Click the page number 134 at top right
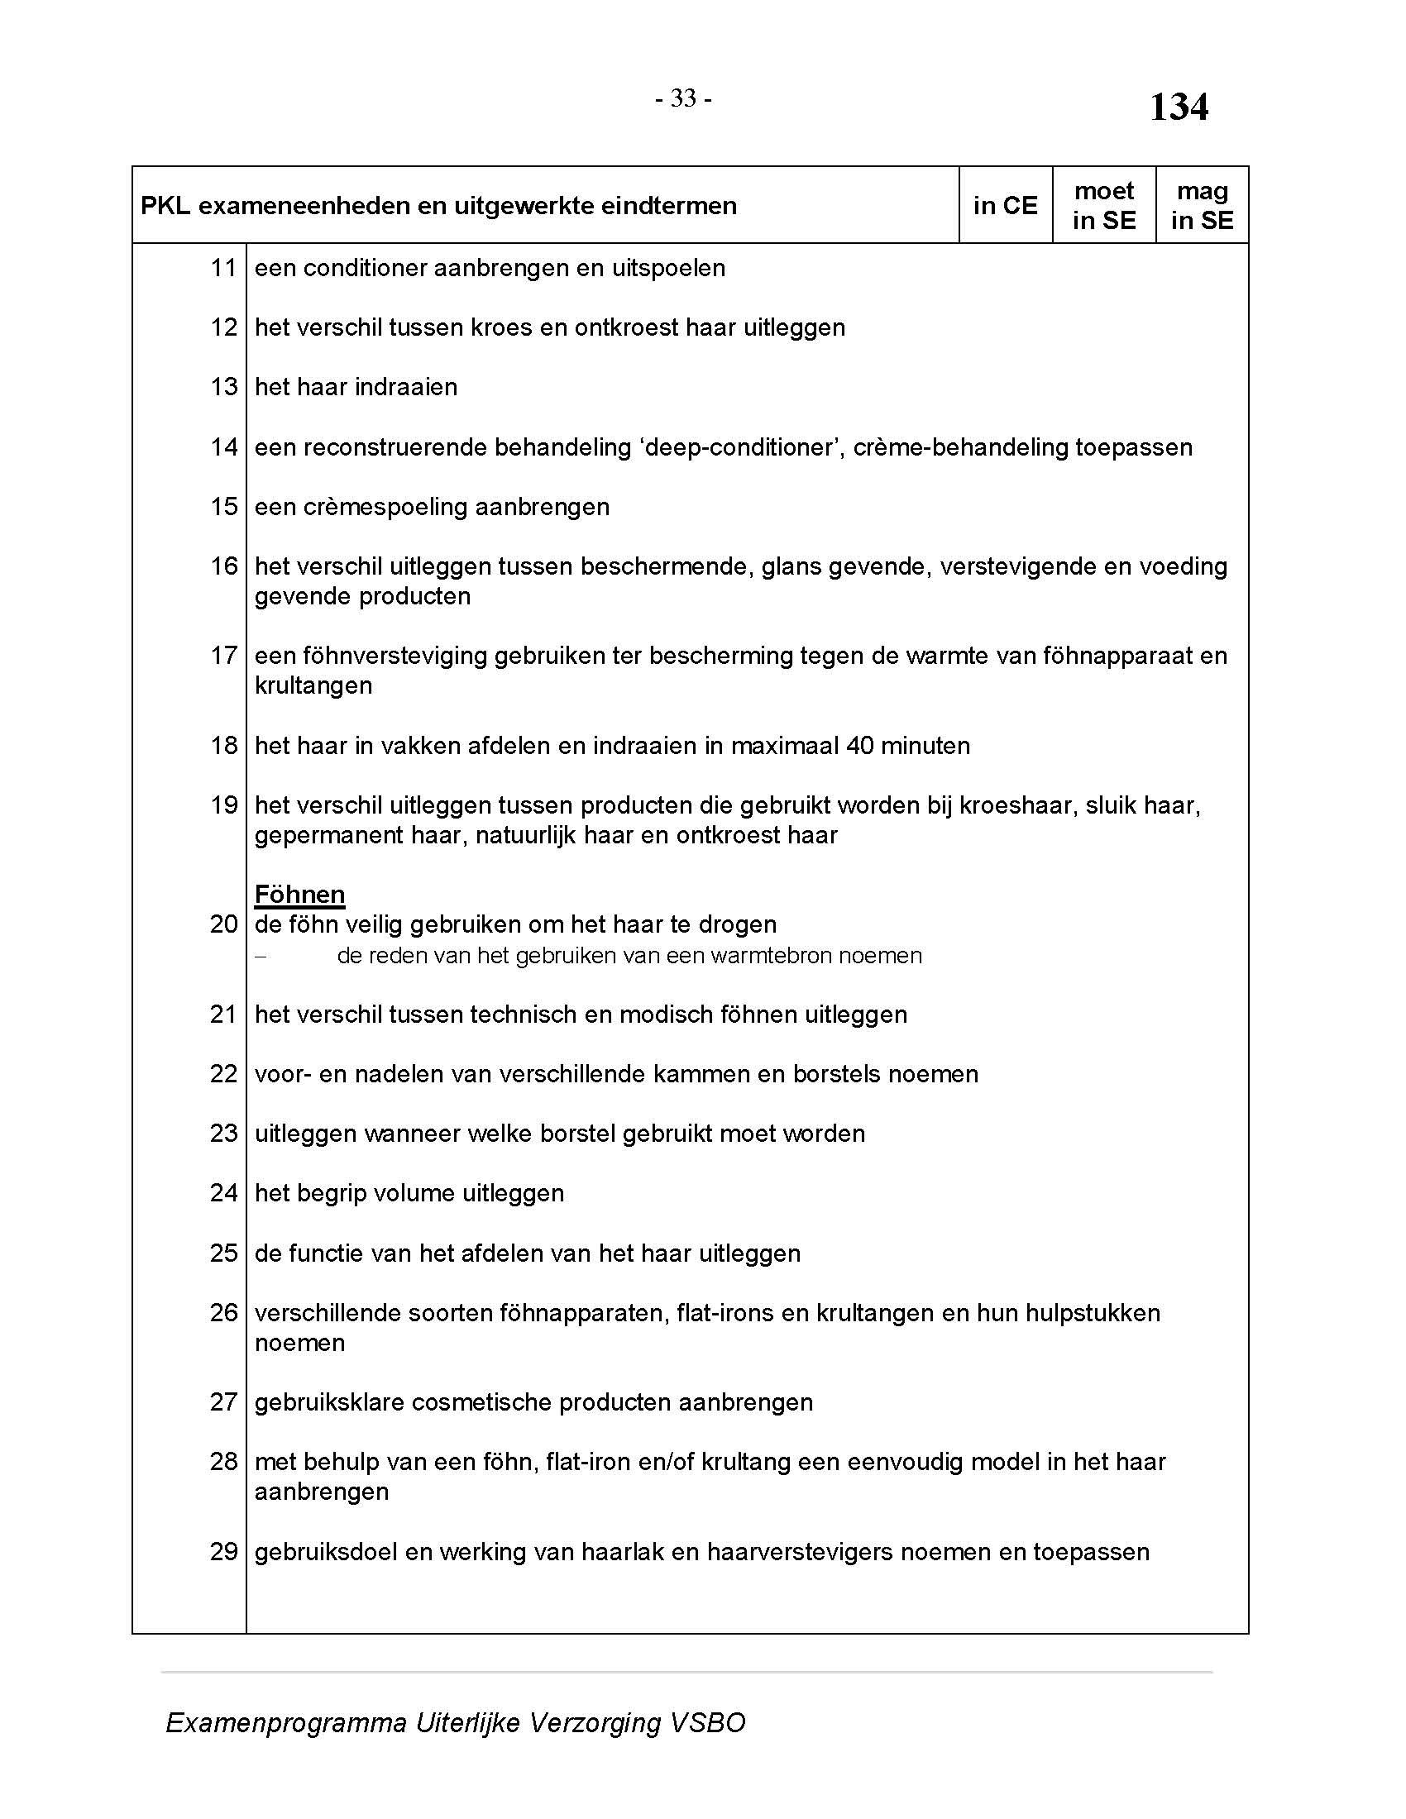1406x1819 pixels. pos(1178,107)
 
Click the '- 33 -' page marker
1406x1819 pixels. pos(682,99)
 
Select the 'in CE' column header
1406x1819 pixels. pos(1005,206)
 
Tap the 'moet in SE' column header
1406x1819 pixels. pos(1103,206)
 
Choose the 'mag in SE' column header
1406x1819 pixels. pos(1201,206)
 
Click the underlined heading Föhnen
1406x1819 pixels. pos(299,895)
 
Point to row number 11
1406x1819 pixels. pos(223,268)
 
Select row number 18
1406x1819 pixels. pos(223,746)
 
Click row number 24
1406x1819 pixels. pos(223,1193)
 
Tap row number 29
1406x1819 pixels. pos(223,1552)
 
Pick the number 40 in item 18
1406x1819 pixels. pos(860,746)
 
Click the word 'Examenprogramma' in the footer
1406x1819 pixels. pos(285,1722)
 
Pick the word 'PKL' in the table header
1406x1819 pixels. pos(165,206)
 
